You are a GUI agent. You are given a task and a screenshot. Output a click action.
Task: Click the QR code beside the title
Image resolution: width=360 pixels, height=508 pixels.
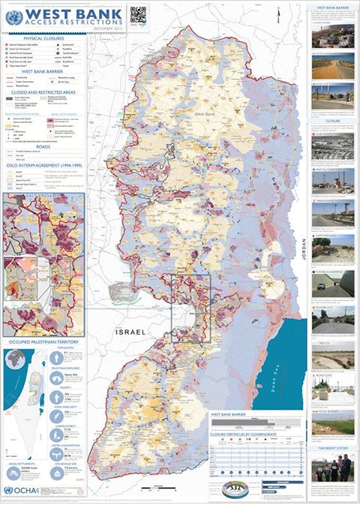136,15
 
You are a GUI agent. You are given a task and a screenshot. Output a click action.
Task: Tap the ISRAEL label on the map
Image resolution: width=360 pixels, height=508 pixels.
130,332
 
